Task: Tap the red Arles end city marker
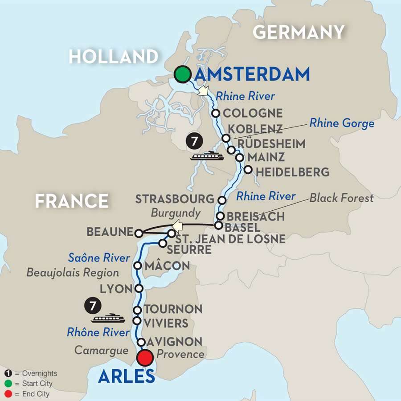(145, 357)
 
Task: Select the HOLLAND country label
(114, 56)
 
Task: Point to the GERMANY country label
(299, 32)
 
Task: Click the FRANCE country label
(72, 201)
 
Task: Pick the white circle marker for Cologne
(216, 113)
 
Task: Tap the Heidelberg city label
(292, 172)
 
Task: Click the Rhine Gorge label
(342, 123)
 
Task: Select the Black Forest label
(341, 198)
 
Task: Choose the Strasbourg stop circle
(222, 199)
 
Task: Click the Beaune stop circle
(139, 233)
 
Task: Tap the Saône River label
(99, 258)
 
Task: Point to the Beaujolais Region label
(73, 272)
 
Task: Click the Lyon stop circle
(139, 288)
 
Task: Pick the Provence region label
(180, 354)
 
